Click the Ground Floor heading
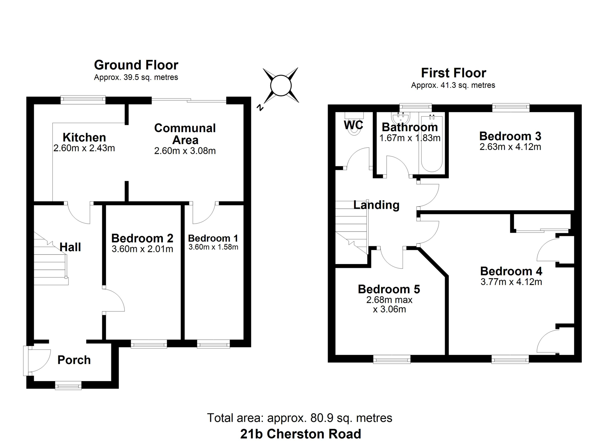[136, 65]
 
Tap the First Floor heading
[453, 73]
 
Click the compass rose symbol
[281, 86]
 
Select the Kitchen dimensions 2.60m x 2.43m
[84, 148]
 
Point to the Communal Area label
[185, 134]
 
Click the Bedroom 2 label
[142, 238]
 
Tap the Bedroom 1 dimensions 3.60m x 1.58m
[214, 247]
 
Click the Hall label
[70, 247]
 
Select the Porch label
[74, 360]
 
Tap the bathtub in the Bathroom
[432, 143]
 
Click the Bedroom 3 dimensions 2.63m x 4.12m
[510, 147]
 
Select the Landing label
[376, 205]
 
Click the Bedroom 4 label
[511, 271]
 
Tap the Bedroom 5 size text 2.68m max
[389, 300]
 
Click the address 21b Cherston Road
[301, 434]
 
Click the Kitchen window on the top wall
[83, 100]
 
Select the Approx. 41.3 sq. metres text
[453, 85]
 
